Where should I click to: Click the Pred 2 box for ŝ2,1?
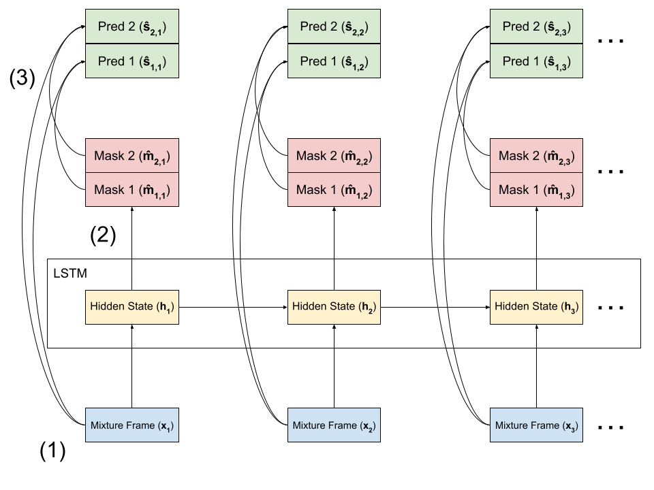coord(131,27)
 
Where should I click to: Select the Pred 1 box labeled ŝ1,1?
coord(131,61)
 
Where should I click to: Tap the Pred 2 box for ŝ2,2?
coord(334,27)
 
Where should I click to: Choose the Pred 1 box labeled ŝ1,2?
coord(334,61)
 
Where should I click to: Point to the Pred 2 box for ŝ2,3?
coord(536,27)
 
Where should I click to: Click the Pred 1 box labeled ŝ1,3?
coord(536,61)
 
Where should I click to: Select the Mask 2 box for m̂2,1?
coord(131,156)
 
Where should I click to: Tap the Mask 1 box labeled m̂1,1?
coord(131,189)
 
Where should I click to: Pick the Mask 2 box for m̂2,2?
coord(334,156)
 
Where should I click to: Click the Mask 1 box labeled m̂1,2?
coord(334,189)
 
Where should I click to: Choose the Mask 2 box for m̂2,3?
coord(536,156)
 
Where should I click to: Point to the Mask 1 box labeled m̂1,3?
coord(536,189)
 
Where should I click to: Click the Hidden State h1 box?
coord(131,307)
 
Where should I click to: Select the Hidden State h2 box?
coord(334,307)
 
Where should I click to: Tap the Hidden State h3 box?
coord(536,307)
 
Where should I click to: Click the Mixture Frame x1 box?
coord(131,425)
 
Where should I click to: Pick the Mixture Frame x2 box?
coord(334,425)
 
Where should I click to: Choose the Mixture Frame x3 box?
coord(536,425)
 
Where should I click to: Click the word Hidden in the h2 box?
coord(307,306)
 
